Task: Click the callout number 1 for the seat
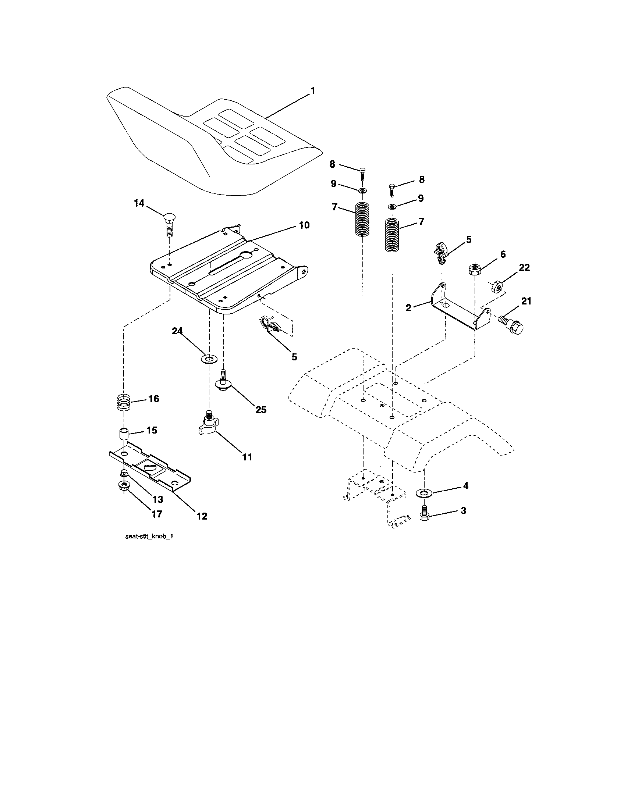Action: click(312, 91)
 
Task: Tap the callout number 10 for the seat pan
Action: click(304, 225)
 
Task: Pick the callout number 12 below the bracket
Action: click(202, 516)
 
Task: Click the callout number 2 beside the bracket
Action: click(408, 307)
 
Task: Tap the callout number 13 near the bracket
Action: click(157, 499)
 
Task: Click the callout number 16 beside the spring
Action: click(153, 399)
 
